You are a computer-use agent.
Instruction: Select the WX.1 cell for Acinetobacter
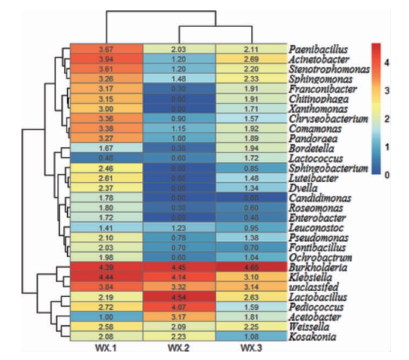tap(106, 59)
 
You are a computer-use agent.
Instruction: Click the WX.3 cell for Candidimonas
tap(251, 198)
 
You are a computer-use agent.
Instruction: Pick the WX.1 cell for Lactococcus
tap(106, 159)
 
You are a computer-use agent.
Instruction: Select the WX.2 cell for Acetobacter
tap(179, 316)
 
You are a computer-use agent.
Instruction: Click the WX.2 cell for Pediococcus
tap(179, 306)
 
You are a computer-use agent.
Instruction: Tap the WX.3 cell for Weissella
tap(251, 326)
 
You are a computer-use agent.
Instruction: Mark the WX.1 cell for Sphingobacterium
tap(106, 169)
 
